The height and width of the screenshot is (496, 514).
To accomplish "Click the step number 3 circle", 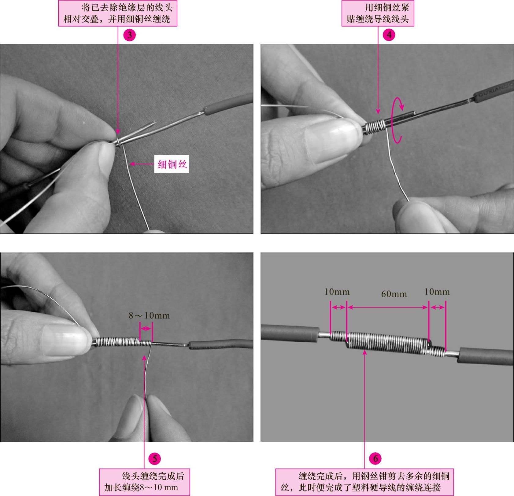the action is click(x=130, y=35).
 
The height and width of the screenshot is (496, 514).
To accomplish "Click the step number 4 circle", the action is click(x=389, y=35).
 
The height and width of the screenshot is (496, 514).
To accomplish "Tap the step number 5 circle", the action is click(x=155, y=458).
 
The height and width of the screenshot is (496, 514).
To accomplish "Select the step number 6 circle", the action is click(x=375, y=458).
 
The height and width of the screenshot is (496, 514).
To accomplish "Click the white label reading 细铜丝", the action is click(x=172, y=164).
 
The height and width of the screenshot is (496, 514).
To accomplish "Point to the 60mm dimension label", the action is click(x=394, y=294).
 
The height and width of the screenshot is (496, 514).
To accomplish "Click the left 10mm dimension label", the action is click(x=337, y=292).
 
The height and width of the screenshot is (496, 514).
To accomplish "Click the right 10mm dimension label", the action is click(x=437, y=292).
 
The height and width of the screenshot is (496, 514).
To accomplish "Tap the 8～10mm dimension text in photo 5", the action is click(x=149, y=315).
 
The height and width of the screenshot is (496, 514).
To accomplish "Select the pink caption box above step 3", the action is click(x=118, y=13).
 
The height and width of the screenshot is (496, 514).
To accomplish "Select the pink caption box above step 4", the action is click(x=378, y=13).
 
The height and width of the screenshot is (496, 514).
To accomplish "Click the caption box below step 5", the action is click(x=144, y=482).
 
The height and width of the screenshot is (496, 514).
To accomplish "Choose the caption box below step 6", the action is click(x=364, y=482).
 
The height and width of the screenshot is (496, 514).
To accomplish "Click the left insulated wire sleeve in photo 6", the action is click(x=290, y=333).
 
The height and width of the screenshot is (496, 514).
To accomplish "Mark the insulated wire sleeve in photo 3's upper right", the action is click(x=228, y=104).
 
